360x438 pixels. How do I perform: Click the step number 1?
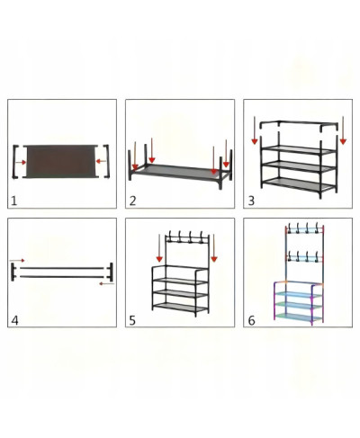(13, 201)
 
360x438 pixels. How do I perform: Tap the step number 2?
(132, 201)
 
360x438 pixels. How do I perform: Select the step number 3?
(251, 201)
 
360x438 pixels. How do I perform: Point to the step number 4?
(14, 320)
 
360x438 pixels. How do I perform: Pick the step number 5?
(132, 320)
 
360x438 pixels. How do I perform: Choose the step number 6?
(251, 320)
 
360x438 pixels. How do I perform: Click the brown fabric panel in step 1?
(60, 161)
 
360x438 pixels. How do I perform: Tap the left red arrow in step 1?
(21, 162)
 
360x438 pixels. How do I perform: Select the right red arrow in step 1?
(101, 161)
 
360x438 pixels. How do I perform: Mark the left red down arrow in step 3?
(255, 130)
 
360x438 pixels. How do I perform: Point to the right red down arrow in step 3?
(343, 130)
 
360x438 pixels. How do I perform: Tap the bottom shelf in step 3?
(299, 183)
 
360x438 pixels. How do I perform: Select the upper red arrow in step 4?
(17, 261)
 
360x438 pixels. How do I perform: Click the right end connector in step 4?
(111, 272)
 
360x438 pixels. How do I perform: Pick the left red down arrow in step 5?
(159, 248)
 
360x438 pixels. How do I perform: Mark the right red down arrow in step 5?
(214, 248)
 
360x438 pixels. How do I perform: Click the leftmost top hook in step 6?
(290, 228)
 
